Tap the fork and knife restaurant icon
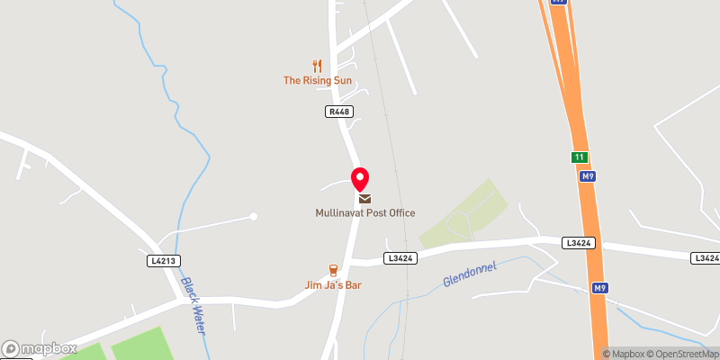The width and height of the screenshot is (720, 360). coord(316,66)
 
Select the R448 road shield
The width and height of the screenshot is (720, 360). coord(338,112)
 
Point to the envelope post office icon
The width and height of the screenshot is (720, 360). coord(364,198)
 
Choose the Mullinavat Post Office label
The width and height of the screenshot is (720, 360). coord(364,213)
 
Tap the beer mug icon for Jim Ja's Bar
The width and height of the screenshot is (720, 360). coord(333,270)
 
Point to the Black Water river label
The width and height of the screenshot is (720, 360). coord(193,306)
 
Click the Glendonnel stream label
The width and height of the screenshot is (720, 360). coord(470,274)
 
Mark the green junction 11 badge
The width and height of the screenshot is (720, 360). coord(579,157)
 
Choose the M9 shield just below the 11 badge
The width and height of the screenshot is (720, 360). coord(586,176)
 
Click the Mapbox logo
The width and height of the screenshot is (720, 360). coord(39,348)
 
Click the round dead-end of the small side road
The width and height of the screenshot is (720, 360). coord(254,216)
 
